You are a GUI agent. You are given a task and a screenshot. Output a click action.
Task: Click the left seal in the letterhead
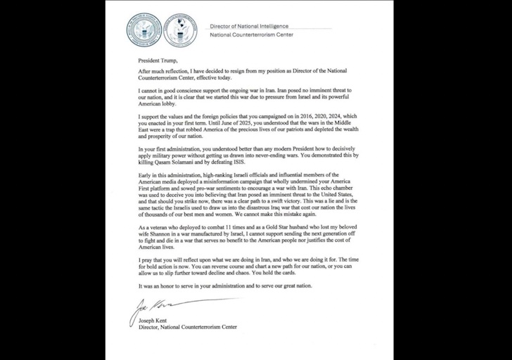[144, 29]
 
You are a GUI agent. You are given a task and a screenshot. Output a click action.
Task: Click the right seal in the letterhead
[180, 29]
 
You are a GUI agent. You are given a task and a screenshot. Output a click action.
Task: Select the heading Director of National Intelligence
[258, 25]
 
